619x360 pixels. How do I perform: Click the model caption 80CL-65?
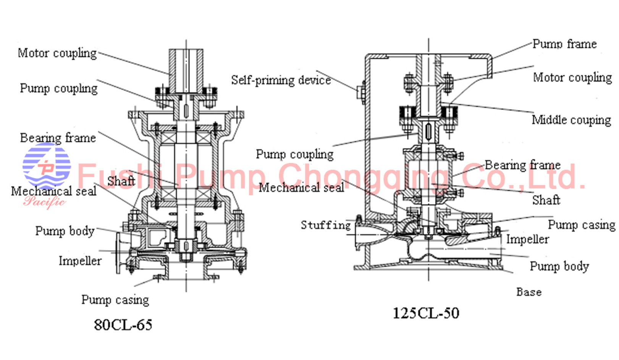point(123,325)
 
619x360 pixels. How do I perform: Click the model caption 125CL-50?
point(426,313)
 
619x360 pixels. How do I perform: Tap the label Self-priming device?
point(281,80)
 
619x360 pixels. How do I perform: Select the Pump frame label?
point(564,44)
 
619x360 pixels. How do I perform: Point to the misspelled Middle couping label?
point(571,120)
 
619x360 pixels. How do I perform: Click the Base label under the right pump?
point(529,292)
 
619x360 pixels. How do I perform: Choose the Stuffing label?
point(326,225)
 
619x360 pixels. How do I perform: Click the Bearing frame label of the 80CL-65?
point(58,138)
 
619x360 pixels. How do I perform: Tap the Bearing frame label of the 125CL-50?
point(522,165)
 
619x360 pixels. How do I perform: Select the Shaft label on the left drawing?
point(121,181)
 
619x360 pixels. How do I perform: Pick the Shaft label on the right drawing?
point(546,200)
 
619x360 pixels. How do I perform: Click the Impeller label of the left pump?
point(80,261)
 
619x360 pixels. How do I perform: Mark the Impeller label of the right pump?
point(527,239)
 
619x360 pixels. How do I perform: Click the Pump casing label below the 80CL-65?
point(115,300)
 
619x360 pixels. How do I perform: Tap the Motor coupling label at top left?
point(57,53)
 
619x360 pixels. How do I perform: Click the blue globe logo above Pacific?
point(47,165)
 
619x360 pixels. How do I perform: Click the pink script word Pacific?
point(44,201)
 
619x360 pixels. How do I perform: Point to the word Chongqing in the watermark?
point(363,177)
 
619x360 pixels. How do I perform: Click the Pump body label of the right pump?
point(559,266)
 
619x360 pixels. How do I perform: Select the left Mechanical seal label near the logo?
point(53,191)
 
